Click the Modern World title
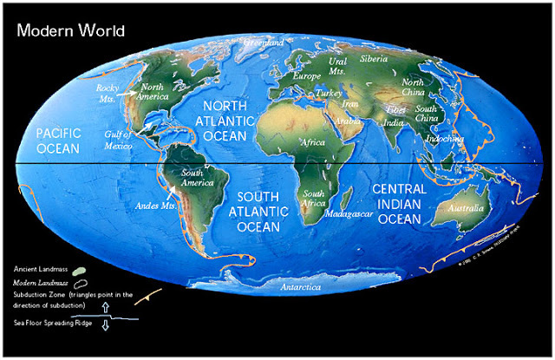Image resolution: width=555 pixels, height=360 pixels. point(70,31)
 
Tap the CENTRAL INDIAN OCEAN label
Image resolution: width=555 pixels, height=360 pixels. point(398,204)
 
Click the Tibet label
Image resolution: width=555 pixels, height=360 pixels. point(396,110)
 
